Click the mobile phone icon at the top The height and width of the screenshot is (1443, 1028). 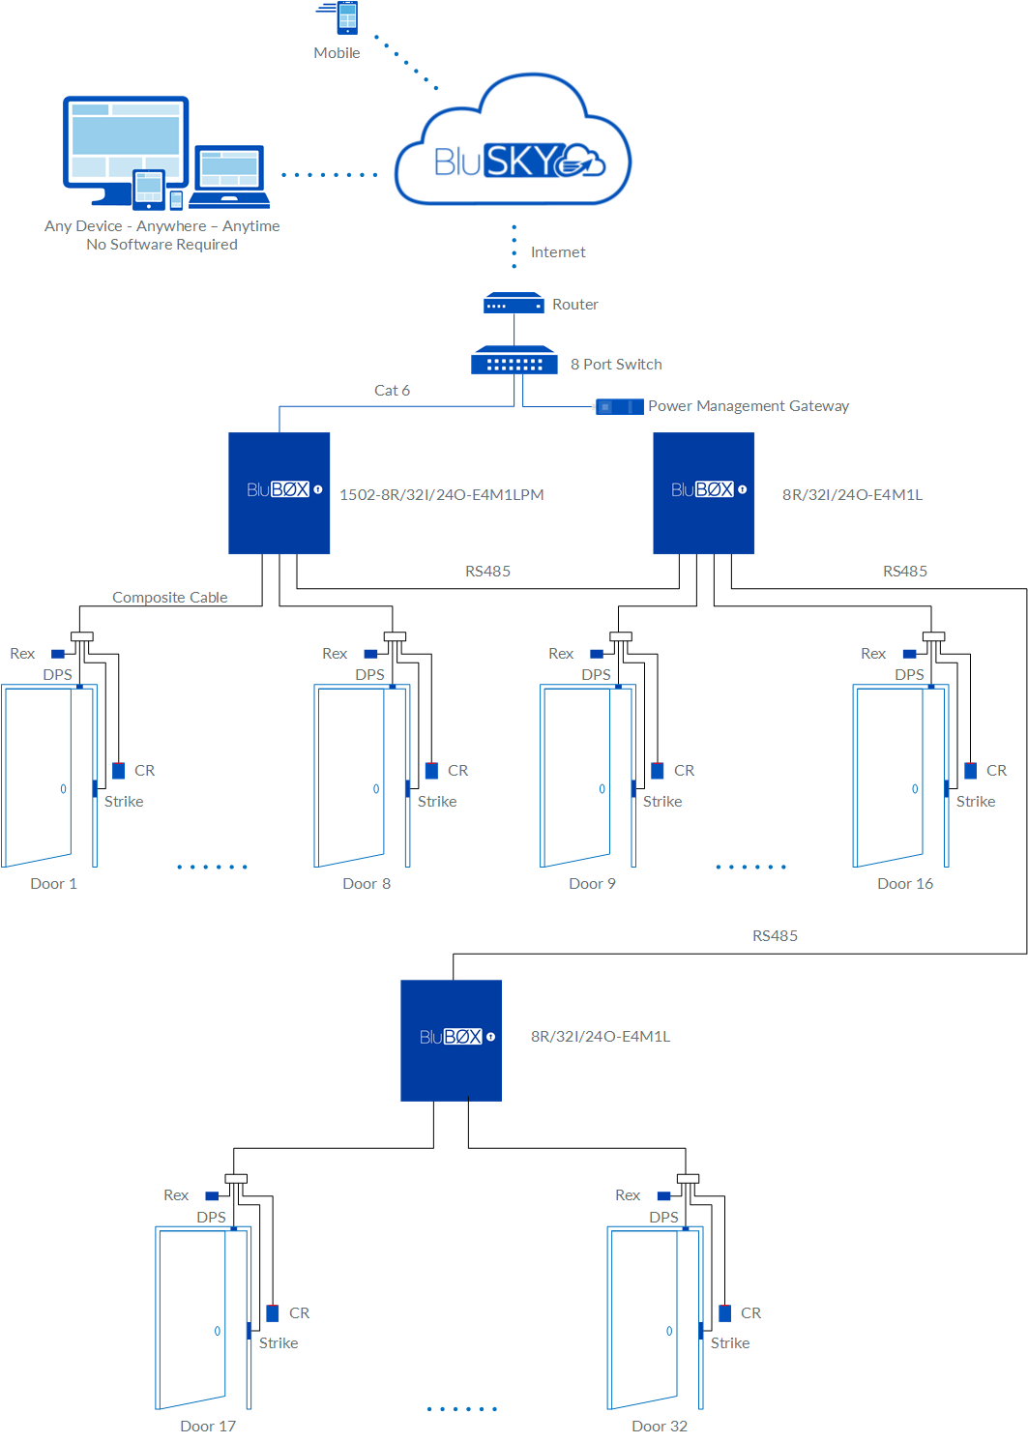346,17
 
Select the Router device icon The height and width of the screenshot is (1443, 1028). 514,304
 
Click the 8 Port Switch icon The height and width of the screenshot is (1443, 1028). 514,362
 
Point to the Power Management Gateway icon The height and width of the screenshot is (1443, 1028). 619,406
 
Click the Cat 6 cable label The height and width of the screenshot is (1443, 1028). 392,391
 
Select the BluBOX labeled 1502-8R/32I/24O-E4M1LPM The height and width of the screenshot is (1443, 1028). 279,492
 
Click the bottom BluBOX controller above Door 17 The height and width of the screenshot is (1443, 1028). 451,1040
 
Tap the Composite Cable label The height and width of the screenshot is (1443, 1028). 169,598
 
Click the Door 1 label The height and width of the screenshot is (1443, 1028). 53,884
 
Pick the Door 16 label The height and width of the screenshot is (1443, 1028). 904,884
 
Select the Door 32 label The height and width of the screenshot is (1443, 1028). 659,1427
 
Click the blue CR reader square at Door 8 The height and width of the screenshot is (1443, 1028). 431,771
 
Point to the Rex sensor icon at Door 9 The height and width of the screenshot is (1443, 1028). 597,654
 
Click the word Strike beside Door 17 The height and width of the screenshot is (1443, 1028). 278,1343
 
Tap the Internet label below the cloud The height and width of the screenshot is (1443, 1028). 557,252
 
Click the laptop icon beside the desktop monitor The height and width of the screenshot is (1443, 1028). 229,176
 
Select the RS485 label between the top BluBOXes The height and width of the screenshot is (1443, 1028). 487,572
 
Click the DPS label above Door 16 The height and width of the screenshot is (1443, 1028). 908,675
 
